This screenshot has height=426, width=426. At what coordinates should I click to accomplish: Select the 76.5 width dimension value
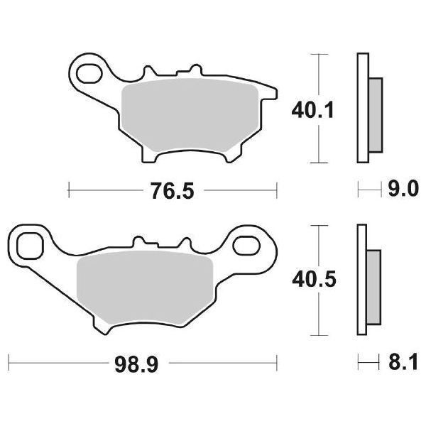click(x=172, y=191)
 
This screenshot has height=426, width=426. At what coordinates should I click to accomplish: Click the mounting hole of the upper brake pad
click(x=89, y=72)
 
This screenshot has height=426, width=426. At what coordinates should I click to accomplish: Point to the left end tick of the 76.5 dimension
click(x=68, y=190)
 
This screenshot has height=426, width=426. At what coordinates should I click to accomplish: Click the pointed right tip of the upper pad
click(x=275, y=92)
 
